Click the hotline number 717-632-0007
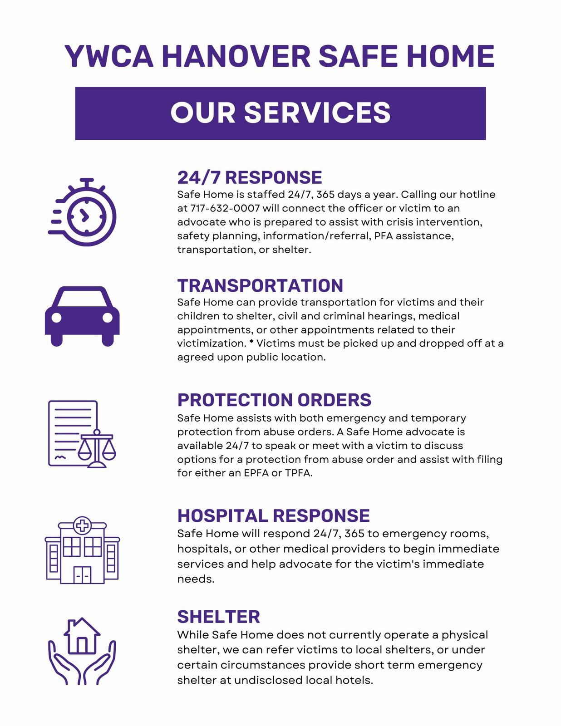[x=225, y=208]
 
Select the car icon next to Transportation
[x=82, y=316]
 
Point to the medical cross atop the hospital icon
[x=82, y=526]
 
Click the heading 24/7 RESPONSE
[x=249, y=177]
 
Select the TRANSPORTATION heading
[x=260, y=285]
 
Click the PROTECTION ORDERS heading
[x=274, y=400]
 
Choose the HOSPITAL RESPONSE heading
[x=273, y=515]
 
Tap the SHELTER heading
[x=218, y=617]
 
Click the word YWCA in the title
[x=109, y=56]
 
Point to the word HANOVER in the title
[x=236, y=56]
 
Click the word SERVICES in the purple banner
[x=317, y=113]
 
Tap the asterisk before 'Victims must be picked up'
[x=251, y=342]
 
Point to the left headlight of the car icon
[x=57, y=318]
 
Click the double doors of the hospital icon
[x=82, y=575]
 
